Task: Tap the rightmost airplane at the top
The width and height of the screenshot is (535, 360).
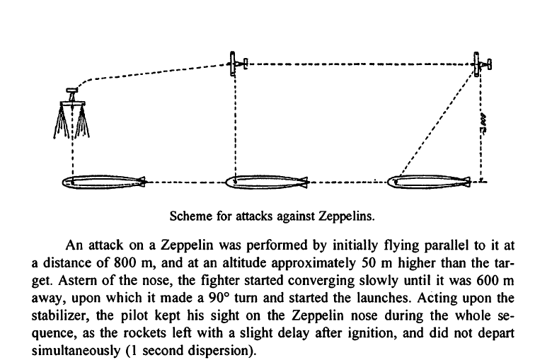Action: point(483,64)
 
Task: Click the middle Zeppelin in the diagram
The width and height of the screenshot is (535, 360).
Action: point(266,182)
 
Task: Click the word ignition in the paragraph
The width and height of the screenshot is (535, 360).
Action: point(410,327)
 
